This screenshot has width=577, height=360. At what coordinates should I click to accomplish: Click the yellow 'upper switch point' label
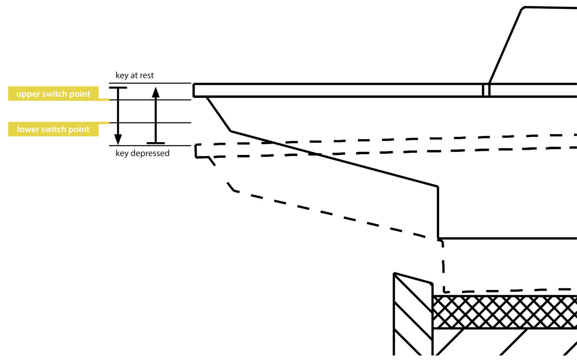53,93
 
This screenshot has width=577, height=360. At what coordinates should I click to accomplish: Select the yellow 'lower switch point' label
53,129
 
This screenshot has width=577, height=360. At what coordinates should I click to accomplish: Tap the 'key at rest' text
135,75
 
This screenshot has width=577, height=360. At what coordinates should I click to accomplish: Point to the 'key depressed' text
143,153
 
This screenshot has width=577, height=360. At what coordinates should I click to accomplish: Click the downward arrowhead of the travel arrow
118,140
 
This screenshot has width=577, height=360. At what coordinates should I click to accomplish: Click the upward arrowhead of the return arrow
155,93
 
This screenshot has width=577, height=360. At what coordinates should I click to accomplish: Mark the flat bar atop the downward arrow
118,88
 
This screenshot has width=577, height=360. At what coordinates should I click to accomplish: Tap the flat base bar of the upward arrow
155,143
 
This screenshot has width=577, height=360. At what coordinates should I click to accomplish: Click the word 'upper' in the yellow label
28,94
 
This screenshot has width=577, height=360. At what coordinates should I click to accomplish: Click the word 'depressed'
150,153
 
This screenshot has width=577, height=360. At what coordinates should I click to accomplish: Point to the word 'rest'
147,75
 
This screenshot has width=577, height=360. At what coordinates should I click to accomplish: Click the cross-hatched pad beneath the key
505,312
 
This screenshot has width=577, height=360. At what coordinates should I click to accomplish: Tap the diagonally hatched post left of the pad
413,316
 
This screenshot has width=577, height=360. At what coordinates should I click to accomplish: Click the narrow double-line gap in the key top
486,90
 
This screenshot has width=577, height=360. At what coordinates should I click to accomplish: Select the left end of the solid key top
194,90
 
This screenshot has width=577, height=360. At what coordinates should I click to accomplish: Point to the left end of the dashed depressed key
196,151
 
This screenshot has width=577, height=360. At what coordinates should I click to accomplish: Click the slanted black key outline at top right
505,46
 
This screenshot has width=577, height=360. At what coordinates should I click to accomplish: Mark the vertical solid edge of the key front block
438,212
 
